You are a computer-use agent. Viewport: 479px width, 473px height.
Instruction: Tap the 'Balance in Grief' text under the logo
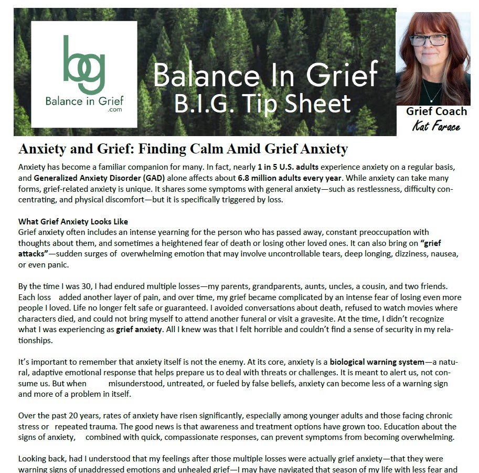[84, 100]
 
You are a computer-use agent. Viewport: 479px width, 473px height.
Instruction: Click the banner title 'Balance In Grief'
[265, 75]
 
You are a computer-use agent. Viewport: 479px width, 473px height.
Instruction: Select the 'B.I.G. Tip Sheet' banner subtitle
[262, 103]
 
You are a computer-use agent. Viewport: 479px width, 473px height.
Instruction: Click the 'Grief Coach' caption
[436, 111]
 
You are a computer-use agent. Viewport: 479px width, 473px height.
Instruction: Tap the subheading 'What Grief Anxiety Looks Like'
[73, 221]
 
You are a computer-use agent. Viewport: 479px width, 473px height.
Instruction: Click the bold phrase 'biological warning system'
[377, 362]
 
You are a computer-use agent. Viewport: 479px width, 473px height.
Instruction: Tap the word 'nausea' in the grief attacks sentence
[444, 253]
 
